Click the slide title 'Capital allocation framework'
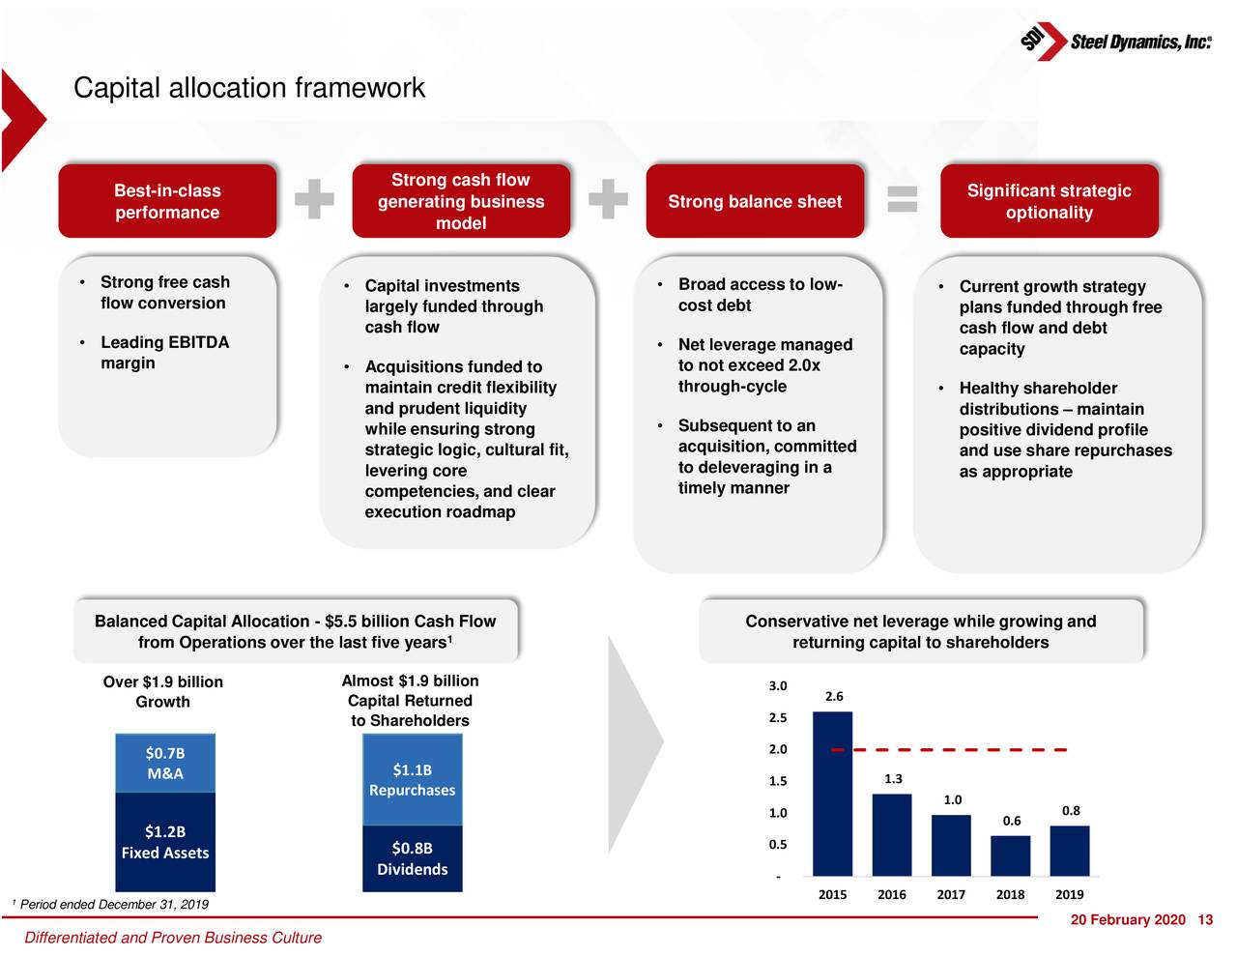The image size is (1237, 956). [248, 88]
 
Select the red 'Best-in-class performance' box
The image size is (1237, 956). [167, 201]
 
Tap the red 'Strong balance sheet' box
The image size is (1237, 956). [755, 201]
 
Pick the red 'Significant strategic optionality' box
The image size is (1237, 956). [1049, 201]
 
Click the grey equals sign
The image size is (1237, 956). [902, 199]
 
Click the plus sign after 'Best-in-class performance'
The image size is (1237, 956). [314, 199]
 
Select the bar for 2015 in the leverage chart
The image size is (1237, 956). [832, 794]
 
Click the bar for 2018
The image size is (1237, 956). [1010, 855]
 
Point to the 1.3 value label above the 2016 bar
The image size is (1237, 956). [893, 778]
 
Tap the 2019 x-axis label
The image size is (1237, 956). [1069, 894]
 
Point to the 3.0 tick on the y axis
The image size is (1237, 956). [778, 686]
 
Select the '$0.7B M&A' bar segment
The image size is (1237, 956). [165, 763]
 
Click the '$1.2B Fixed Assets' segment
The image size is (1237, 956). [165, 842]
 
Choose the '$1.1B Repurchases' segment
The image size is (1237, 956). [412, 779]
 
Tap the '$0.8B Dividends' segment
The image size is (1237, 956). [412, 858]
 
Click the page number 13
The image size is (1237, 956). [1204, 919]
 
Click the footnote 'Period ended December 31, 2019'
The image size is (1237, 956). [114, 905]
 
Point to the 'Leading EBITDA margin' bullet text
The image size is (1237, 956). [164, 353]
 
